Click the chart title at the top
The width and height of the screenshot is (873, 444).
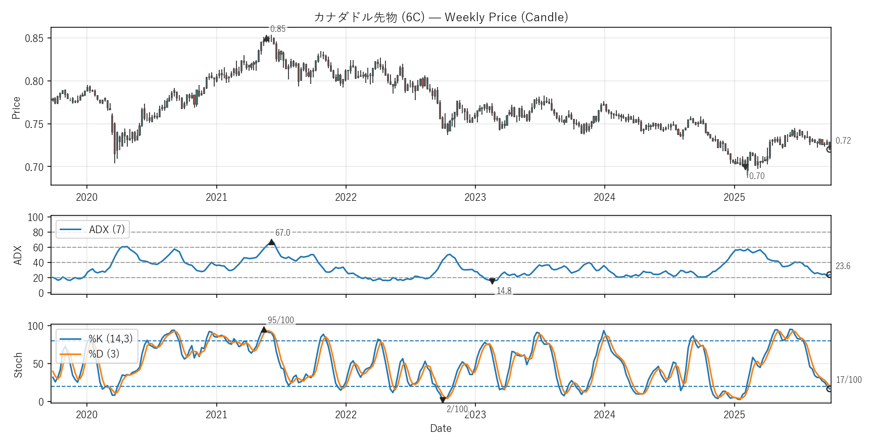pyautogui.click(x=441, y=17)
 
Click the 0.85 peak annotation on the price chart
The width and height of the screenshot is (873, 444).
pyautogui.click(x=278, y=29)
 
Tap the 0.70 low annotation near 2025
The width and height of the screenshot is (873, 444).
pyautogui.click(x=756, y=176)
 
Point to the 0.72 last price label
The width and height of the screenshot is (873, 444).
pyautogui.click(x=843, y=141)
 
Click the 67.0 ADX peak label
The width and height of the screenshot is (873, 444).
pyautogui.click(x=282, y=233)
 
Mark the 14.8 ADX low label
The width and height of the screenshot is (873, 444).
pyautogui.click(x=504, y=291)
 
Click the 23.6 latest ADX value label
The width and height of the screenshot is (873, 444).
pyautogui.click(x=843, y=266)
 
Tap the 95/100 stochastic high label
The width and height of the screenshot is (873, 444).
pyautogui.click(x=280, y=320)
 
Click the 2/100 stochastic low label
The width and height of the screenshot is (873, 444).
pyautogui.click(x=457, y=409)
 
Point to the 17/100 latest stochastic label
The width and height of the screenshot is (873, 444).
pyautogui.click(x=849, y=380)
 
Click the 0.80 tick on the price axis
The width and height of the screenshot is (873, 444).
pyautogui.click(x=34, y=81)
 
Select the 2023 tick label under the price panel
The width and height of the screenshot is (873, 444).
pyautogui.click(x=475, y=197)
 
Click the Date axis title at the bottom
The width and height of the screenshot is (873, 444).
pyautogui.click(x=441, y=428)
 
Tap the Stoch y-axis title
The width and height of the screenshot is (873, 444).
pyautogui.click(x=18, y=365)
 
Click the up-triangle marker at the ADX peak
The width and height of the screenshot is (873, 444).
pyautogui.click(x=271, y=242)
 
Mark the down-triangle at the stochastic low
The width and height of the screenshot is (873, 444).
pyautogui.click(x=443, y=400)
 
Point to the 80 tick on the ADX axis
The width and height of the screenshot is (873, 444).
pyautogui.click(x=38, y=233)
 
